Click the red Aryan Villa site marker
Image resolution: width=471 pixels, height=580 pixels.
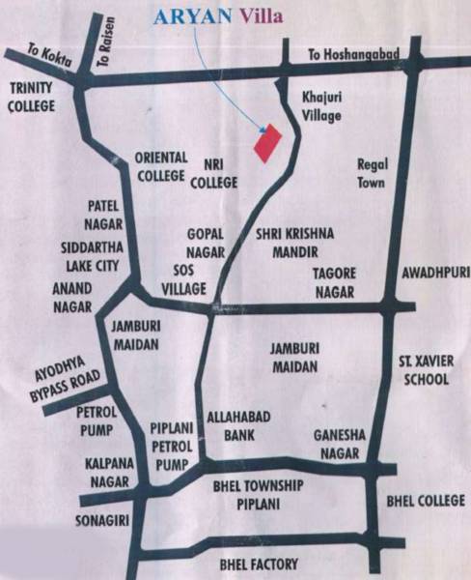[266, 142]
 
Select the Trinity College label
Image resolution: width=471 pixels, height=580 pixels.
[30, 97]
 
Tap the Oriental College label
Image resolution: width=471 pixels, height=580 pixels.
[160, 165]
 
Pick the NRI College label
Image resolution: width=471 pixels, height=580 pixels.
[213, 172]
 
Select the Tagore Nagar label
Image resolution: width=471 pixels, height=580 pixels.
[334, 282]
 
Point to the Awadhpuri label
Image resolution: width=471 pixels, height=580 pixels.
[432, 273]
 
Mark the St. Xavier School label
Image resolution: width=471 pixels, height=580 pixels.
[425, 370]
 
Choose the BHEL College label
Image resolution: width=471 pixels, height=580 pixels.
[425, 501]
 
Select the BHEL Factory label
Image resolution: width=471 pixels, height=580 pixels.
[260, 564]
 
